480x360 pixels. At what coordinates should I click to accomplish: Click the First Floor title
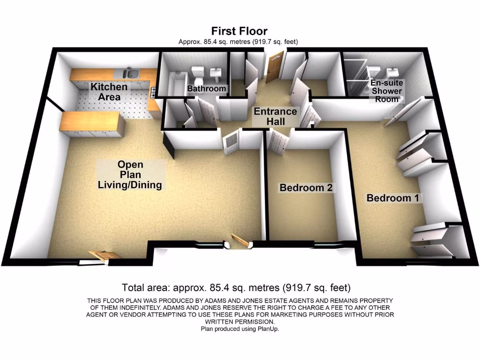tap(239, 31)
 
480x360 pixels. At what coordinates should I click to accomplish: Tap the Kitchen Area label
tap(109, 92)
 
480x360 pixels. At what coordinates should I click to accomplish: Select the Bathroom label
tap(207, 89)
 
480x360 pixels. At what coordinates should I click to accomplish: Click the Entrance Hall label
tap(275, 116)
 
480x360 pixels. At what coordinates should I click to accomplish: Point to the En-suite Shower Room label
tap(386, 91)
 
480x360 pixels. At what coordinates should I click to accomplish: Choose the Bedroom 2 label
tap(306, 188)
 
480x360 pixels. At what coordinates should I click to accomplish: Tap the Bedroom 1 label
tap(393, 198)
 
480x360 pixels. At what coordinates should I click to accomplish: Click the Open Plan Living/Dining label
tap(130, 175)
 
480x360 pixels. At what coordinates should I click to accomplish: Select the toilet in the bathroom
tap(197, 73)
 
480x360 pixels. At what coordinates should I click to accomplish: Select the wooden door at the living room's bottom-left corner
tap(104, 255)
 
